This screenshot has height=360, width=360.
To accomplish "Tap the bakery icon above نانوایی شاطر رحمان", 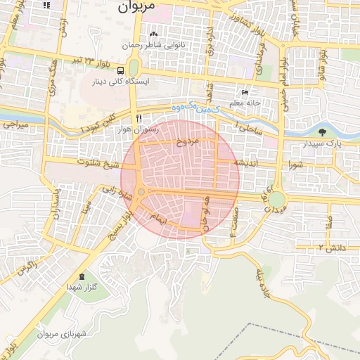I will (153, 34).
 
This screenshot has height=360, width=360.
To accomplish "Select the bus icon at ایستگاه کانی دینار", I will (121, 70).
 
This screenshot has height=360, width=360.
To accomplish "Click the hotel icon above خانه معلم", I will (245, 93).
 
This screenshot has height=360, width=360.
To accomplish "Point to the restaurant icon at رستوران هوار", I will (139, 118).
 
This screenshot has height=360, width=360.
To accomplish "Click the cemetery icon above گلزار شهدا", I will (83, 276).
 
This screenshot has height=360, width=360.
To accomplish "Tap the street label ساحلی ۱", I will (247, 129).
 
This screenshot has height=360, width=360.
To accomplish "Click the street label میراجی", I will (15, 124).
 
